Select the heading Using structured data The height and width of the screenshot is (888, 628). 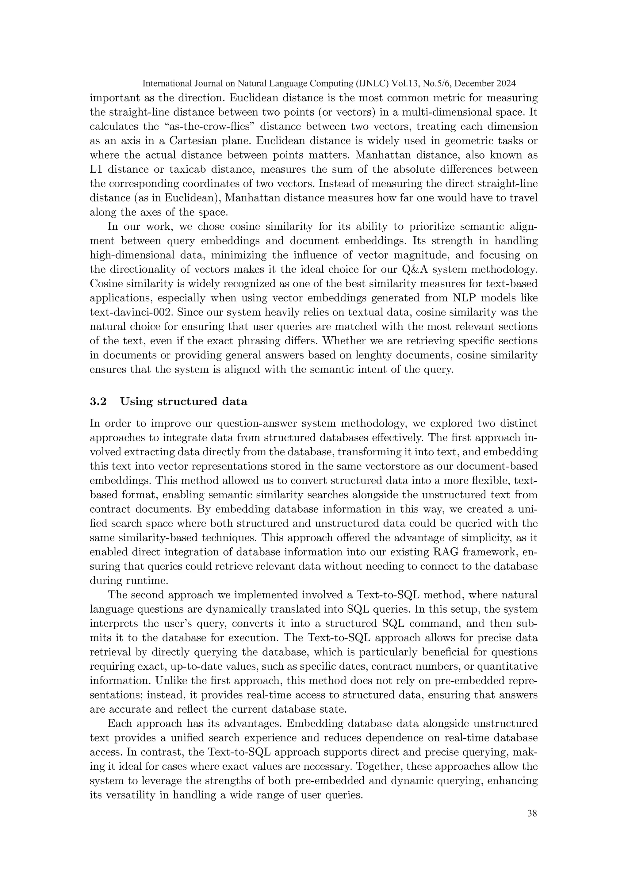(x=184, y=401)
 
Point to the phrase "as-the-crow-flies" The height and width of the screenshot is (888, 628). (x=208, y=126)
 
